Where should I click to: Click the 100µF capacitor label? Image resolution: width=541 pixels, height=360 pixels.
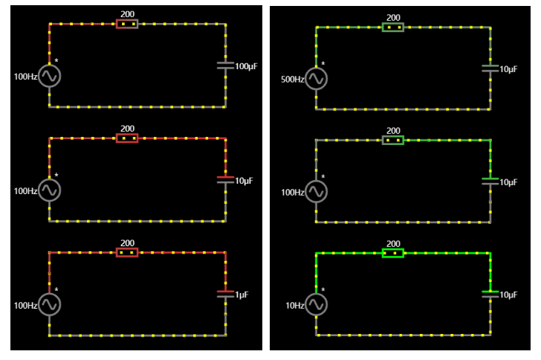click(x=247, y=66)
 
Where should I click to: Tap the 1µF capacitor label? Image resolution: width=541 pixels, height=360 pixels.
click(x=242, y=295)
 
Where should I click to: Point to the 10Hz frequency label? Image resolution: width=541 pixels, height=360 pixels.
click(x=294, y=306)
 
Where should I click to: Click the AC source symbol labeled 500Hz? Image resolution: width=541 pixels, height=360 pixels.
click(x=316, y=78)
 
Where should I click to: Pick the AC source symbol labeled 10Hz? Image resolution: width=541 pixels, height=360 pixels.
click(x=316, y=304)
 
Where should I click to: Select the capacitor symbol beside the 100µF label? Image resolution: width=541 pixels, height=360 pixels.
click(x=225, y=65)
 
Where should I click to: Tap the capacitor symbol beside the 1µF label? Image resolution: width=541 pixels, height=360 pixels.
click(x=225, y=293)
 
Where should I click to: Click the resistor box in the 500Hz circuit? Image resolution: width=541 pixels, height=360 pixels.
click(x=393, y=27)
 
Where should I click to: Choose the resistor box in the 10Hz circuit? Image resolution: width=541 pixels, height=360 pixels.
click(x=393, y=253)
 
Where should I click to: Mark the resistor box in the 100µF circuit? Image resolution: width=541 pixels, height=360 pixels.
click(x=127, y=24)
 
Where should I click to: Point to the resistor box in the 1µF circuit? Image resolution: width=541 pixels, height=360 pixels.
click(x=127, y=252)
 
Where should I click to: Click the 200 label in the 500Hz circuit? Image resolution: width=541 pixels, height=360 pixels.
click(x=393, y=17)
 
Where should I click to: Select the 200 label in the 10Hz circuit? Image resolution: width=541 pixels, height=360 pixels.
click(x=393, y=243)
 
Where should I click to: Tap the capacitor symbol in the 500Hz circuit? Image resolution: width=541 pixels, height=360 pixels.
click(x=490, y=68)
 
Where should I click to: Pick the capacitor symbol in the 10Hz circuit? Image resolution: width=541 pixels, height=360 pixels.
click(x=490, y=293)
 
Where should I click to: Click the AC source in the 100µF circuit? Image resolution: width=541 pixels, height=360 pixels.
click(x=49, y=76)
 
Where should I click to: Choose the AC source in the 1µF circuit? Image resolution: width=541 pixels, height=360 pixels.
click(x=49, y=304)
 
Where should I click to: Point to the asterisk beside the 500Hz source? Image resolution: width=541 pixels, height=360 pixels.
click(x=323, y=64)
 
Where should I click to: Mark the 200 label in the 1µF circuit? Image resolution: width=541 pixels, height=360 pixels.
click(x=127, y=242)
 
